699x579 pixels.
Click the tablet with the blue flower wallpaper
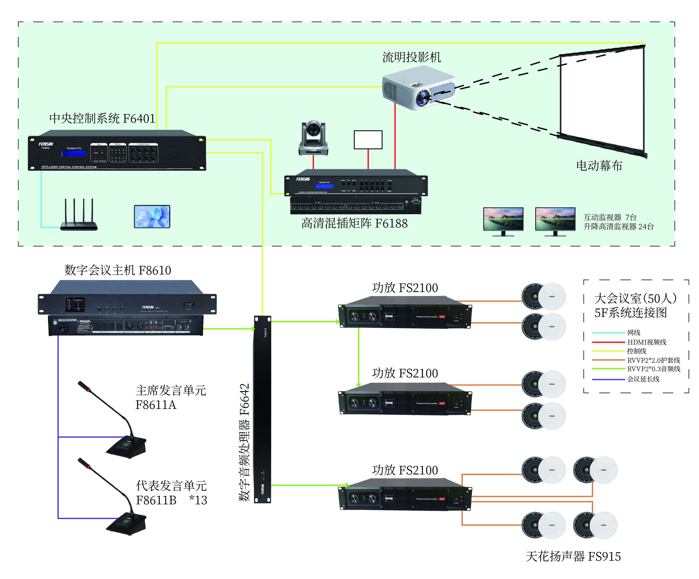[x=152, y=217]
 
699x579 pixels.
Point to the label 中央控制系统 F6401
[x=102, y=119]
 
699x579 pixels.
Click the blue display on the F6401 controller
[x=74, y=153]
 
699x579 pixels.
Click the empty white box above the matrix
[x=368, y=140]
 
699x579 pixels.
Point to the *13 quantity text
[x=198, y=500]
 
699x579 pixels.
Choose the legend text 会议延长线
[x=643, y=379]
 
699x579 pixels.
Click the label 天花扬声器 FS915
[x=573, y=556]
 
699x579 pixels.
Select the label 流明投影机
[x=411, y=57]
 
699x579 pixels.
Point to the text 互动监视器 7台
[x=610, y=217]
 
